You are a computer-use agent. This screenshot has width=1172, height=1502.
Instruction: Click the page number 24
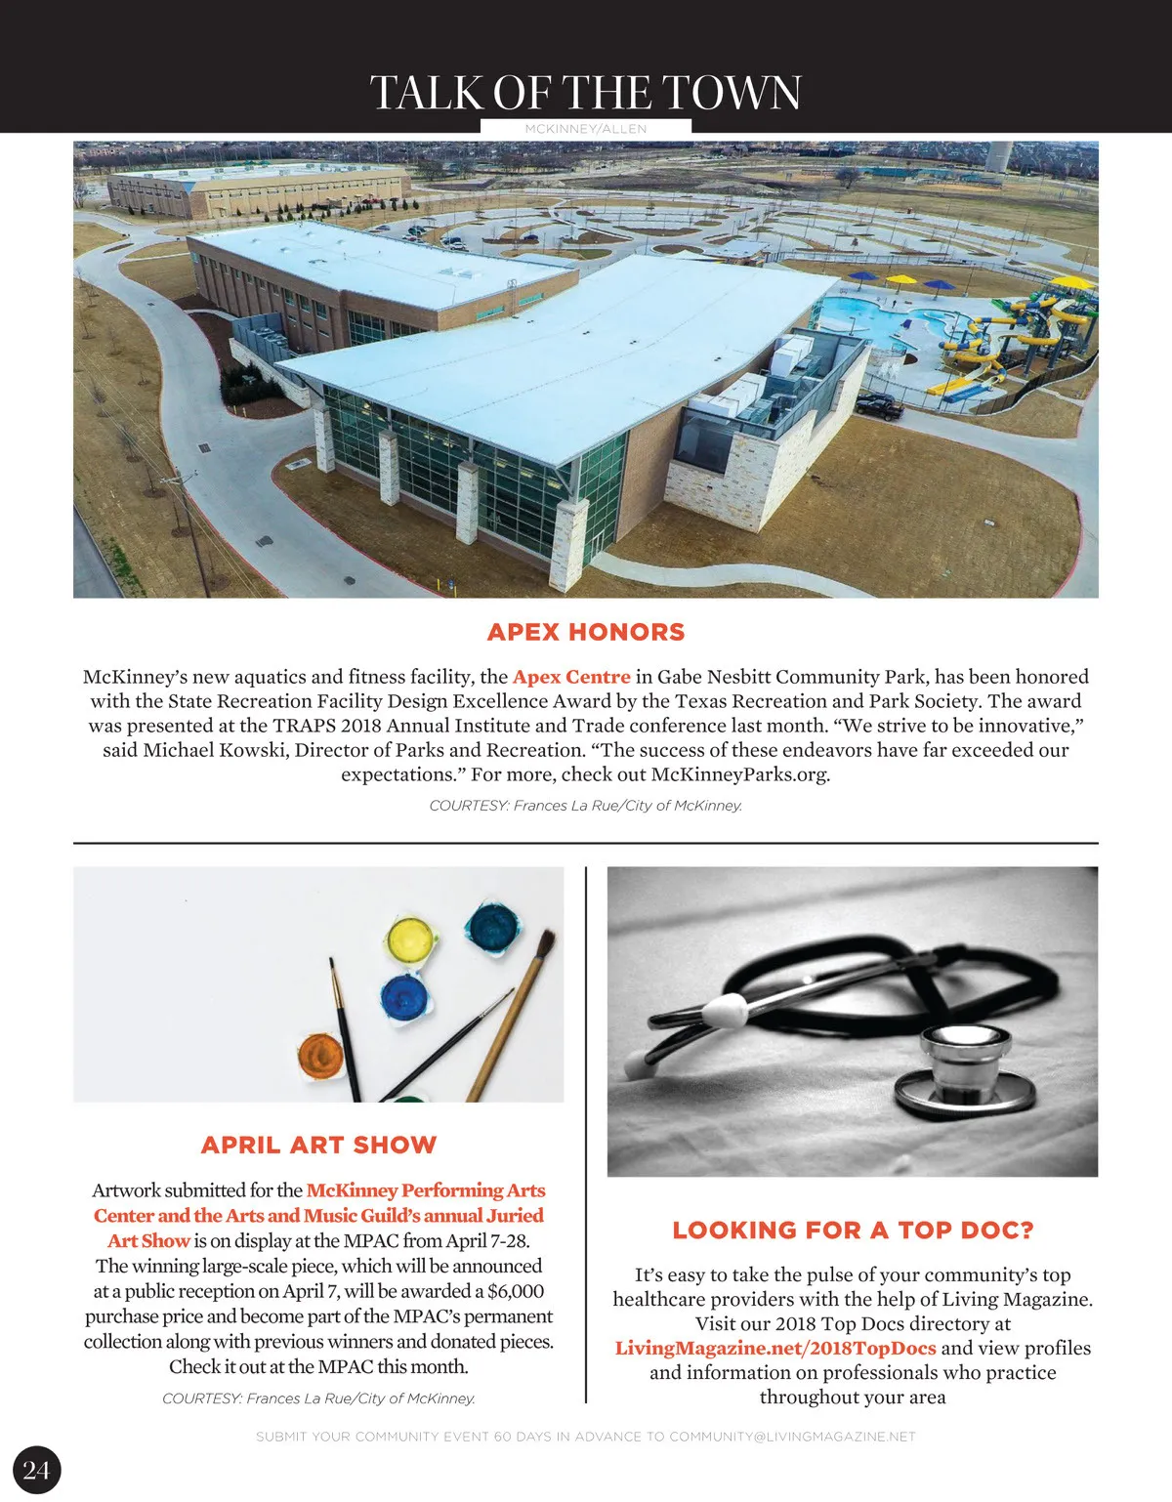tap(36, 1470)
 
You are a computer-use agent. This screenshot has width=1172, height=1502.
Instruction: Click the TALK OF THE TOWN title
tap(585, 93)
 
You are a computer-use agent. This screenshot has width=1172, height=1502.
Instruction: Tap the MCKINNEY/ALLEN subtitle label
tap(585, 129)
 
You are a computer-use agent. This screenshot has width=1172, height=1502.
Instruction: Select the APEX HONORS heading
tap(586, 632)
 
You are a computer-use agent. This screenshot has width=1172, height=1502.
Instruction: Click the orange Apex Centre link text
tap(571, 677)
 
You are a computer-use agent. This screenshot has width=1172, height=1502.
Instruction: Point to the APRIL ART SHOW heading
tap(318, 1145)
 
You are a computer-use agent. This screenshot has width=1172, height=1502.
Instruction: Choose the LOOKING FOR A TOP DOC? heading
tap(853, 1230)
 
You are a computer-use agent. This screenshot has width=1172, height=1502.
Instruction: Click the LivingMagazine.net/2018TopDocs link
tap(775, 1349)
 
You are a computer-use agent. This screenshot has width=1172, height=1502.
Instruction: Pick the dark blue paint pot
tap(404, 998)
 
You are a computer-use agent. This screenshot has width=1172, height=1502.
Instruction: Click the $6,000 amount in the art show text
tap(515, 1291)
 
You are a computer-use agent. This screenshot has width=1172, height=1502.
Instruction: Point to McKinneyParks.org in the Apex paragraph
tap(740, 774)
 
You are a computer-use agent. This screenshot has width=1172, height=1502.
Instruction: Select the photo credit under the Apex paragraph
tap(586, 806)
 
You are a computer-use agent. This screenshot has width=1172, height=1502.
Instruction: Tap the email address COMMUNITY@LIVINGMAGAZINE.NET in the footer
tap(792, 1437)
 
